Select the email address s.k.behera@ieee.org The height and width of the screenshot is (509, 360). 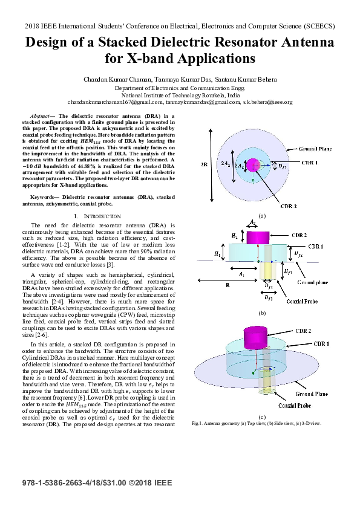coord(267,103)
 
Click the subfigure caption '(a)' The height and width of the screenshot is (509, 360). coord(261,215)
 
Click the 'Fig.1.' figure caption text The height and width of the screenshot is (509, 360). coord(197,423)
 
